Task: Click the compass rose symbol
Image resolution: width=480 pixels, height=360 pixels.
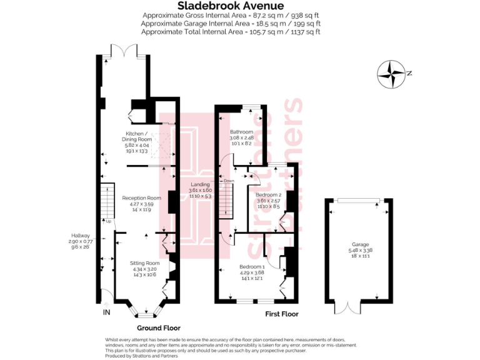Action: click(x=392, y=73)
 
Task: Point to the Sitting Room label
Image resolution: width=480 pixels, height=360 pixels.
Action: click(x=142, y=264)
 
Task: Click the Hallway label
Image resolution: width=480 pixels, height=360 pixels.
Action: click(x=80, y=236)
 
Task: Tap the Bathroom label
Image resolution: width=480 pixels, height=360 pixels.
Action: click(x=241, y=132)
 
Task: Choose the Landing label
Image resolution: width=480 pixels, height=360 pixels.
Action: click(x=201, y=184)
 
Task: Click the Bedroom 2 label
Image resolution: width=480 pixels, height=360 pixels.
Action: click(x=269, y=195)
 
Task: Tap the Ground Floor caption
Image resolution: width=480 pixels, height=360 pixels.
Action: click(x=159, y=327)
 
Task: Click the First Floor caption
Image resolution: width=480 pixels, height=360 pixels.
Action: click(x=281, y=314)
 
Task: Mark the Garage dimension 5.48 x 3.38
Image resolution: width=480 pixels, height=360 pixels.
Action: click(x=359, y=251)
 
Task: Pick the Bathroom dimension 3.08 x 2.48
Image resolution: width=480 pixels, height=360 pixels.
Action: click(x=241, y=137)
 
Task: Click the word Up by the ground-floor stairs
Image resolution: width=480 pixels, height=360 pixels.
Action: click(x=107, y=221)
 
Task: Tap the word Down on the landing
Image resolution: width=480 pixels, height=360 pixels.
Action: click(x=229, y=181)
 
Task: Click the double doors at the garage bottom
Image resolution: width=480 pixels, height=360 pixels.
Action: click(x=347, y=307)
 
